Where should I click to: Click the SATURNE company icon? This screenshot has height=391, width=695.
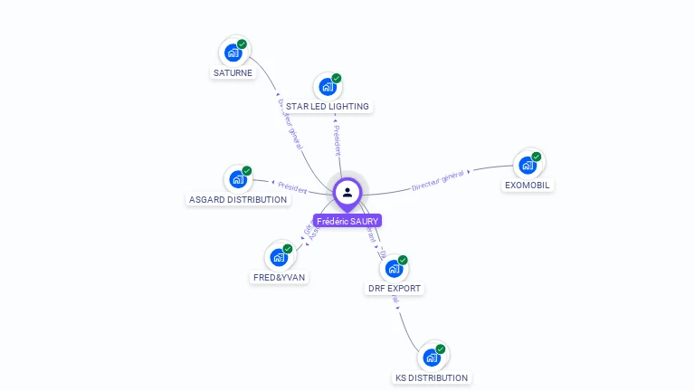233,52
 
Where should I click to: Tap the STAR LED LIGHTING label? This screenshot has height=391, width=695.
328,107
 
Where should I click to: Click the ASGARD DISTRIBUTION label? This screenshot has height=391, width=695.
238,199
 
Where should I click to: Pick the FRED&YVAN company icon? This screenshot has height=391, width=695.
279,257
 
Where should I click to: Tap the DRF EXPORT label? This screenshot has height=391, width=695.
395,289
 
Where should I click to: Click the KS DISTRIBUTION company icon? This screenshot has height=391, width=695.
432,358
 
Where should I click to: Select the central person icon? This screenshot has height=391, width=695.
347,192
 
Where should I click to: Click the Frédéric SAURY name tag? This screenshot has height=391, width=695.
347,221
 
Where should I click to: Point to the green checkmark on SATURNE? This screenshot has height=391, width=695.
242,44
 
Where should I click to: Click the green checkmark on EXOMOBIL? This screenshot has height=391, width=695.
536,157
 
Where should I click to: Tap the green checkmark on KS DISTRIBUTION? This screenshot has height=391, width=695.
441,349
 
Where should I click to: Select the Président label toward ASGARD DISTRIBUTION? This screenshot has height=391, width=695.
291,188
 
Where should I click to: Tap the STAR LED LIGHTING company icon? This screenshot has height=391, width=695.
327,87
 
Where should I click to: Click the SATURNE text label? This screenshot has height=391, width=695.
233,73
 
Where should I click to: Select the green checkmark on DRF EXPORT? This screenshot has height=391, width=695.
403,261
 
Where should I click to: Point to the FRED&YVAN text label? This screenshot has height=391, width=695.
279,278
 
